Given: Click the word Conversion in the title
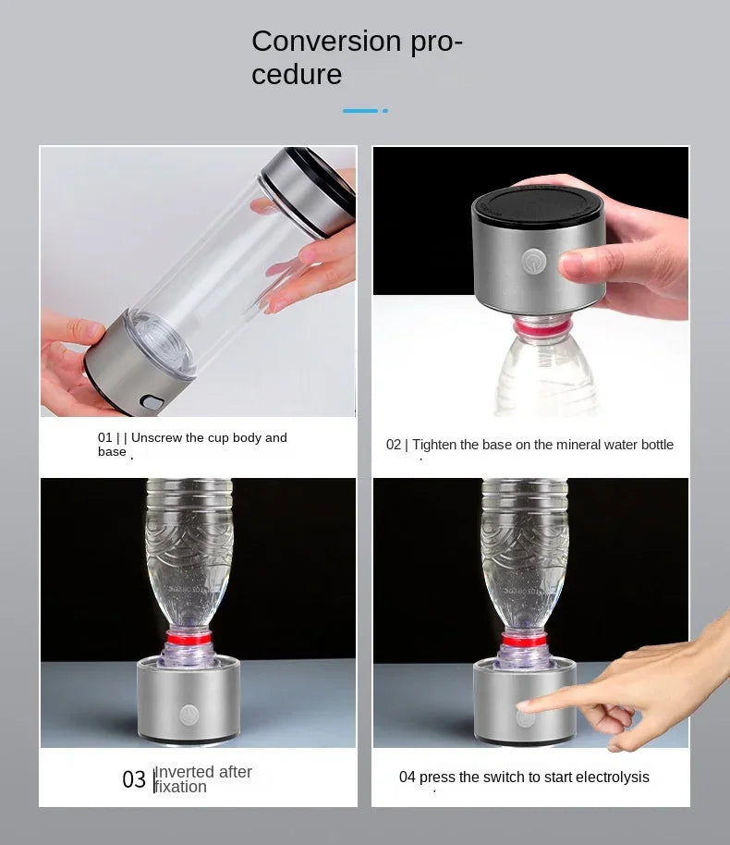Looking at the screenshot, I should pyautogui.click(x=326, y=42).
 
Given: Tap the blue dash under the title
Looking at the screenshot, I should pyautogui.click(x=360, y=111).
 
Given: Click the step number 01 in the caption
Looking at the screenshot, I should pyautogui.click(x=105, y=437).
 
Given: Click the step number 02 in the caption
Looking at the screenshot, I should pyautogui.click(x=394, y=445).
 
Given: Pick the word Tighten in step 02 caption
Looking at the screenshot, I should pyautogui.click(x=434, y=445).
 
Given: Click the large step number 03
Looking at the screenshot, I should pyautogui.click(x=134, y=779).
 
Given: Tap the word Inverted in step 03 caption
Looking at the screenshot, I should pyautogui.click(x=184, y=772).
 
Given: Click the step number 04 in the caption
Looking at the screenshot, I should pyautogui.click(x=408, y=777).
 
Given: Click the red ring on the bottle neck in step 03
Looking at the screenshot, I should pyautogui.click(x=189, y=637).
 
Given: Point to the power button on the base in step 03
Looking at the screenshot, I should pyautogui.click(x=189, y=714).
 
